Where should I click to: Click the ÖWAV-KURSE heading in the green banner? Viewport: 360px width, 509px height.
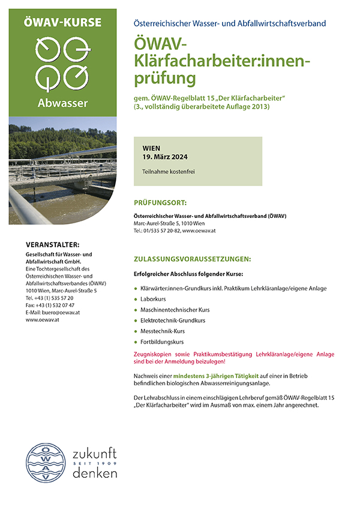coord(63,22)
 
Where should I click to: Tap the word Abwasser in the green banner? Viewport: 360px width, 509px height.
coord(63,101)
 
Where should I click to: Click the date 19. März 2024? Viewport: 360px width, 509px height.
coord(165,157)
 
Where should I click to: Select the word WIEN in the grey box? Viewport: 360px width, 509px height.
coord(152,148)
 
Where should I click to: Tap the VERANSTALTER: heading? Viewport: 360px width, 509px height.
coord(53,244)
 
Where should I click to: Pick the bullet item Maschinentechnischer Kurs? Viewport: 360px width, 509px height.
coord(176,310)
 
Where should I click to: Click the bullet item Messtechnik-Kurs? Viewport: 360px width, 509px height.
coord(163,331)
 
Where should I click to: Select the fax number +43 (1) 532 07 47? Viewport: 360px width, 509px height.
coord(55,305)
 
